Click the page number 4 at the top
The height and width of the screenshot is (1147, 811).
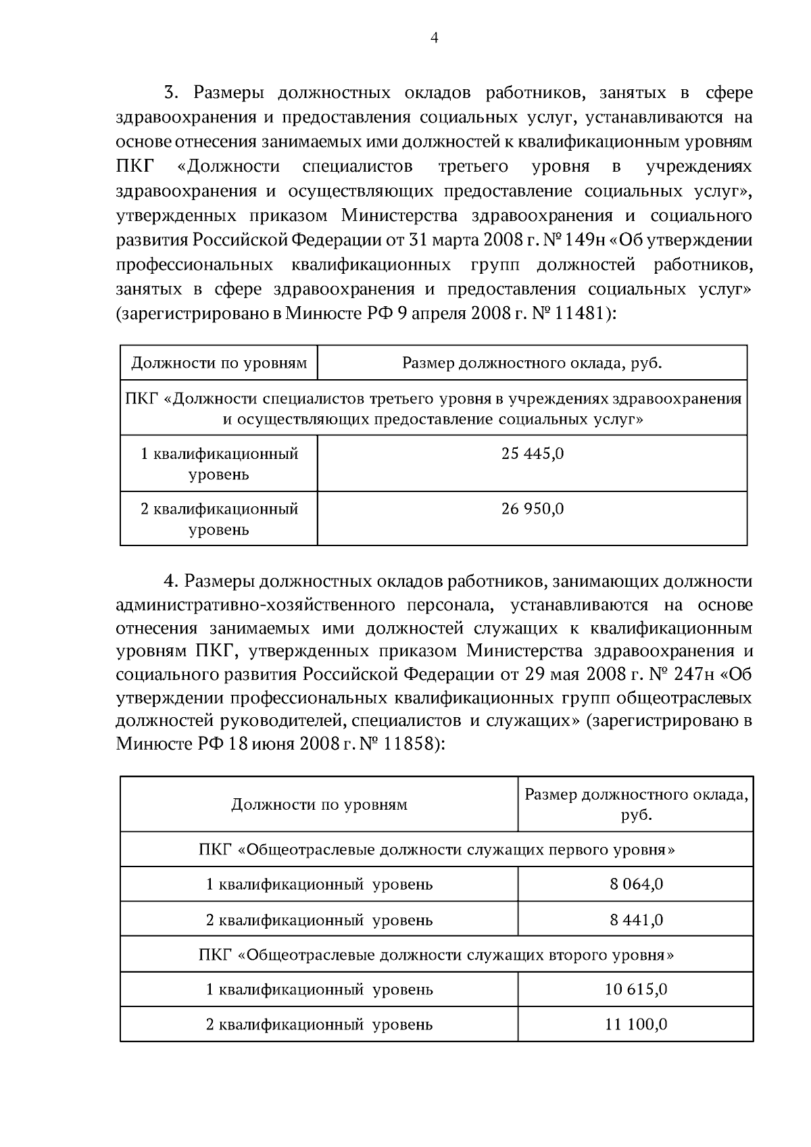434,39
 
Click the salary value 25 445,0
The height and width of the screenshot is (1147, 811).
532,454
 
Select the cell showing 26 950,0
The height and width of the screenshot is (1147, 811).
532,508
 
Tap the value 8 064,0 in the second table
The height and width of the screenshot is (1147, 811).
636,884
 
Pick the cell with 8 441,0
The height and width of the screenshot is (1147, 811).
636,920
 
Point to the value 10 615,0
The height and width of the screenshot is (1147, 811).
636,990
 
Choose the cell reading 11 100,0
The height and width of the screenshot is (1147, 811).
636,1024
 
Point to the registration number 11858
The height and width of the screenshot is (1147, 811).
410,744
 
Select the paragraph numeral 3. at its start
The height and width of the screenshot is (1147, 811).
170,93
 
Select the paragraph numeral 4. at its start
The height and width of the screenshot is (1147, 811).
170,581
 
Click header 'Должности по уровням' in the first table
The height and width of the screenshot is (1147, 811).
219,363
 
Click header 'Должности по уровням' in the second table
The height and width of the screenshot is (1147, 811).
319,804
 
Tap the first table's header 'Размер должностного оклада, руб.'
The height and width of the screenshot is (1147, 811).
532,363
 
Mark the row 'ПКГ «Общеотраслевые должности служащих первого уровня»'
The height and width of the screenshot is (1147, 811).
437,849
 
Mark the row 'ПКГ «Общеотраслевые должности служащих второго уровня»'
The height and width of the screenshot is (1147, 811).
437,955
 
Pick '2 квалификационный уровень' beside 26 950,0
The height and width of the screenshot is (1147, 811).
219,518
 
